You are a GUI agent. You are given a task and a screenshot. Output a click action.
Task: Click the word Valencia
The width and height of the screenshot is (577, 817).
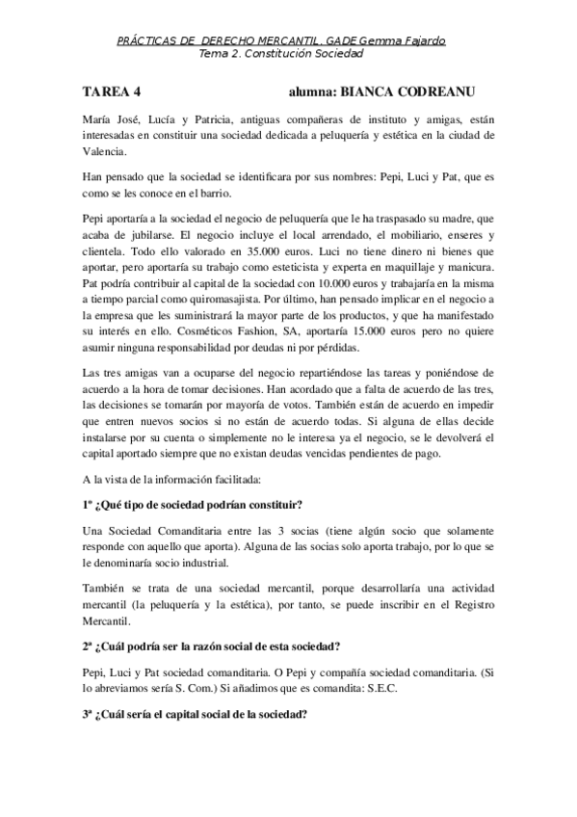pyautogui.click(x=103, y=151)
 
